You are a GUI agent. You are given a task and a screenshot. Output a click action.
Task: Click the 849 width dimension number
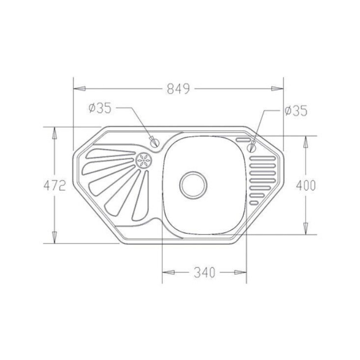click(x=179, y=89)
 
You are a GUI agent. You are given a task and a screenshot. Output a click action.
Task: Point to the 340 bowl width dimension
click(x=204, y=273)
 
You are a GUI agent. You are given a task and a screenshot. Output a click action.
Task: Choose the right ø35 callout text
click(x=296, y=111)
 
